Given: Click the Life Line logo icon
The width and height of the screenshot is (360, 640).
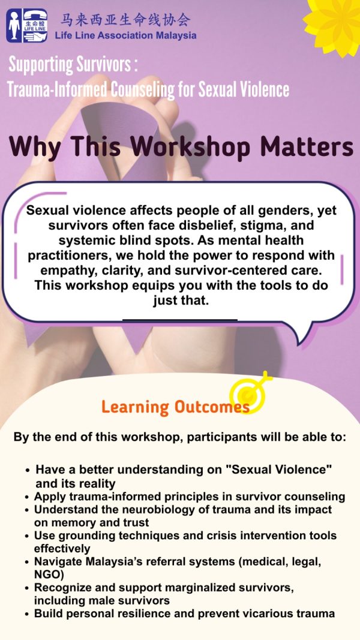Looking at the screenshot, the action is [27, 26].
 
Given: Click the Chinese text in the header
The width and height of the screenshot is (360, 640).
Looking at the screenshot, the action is [125, 20].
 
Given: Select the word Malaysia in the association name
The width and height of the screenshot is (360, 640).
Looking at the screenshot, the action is [175, 35].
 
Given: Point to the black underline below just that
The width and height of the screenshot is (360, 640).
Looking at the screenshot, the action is [180, 320].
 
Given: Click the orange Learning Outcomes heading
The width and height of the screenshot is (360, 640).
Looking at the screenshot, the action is [176, 407].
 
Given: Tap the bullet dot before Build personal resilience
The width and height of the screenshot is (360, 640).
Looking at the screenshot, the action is [27, 614].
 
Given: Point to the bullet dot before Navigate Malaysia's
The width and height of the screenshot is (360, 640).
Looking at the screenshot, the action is [27, 563].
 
